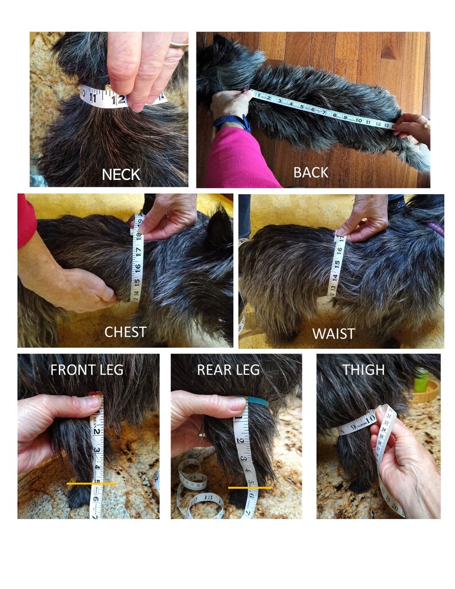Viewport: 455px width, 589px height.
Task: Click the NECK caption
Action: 121,175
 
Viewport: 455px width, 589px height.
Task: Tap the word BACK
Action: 311,172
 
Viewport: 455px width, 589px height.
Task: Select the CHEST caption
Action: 125,332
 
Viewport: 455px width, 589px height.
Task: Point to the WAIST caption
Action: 334,333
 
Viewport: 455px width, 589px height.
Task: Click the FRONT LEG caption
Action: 87,370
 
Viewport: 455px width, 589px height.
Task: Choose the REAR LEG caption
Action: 228,370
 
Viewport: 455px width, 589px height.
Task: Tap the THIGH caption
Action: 363,370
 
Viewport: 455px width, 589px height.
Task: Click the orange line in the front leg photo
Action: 92,484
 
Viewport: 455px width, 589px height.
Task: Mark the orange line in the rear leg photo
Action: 250,488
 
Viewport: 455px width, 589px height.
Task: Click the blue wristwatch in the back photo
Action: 232,123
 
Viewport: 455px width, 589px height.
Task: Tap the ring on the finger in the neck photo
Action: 179,45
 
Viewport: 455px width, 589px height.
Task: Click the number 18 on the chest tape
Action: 139,236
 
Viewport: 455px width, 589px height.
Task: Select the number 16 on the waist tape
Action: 339,250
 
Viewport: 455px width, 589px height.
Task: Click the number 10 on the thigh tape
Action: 370,418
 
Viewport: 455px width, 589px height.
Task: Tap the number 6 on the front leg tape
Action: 96,498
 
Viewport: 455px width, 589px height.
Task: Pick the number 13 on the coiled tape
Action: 207,497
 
